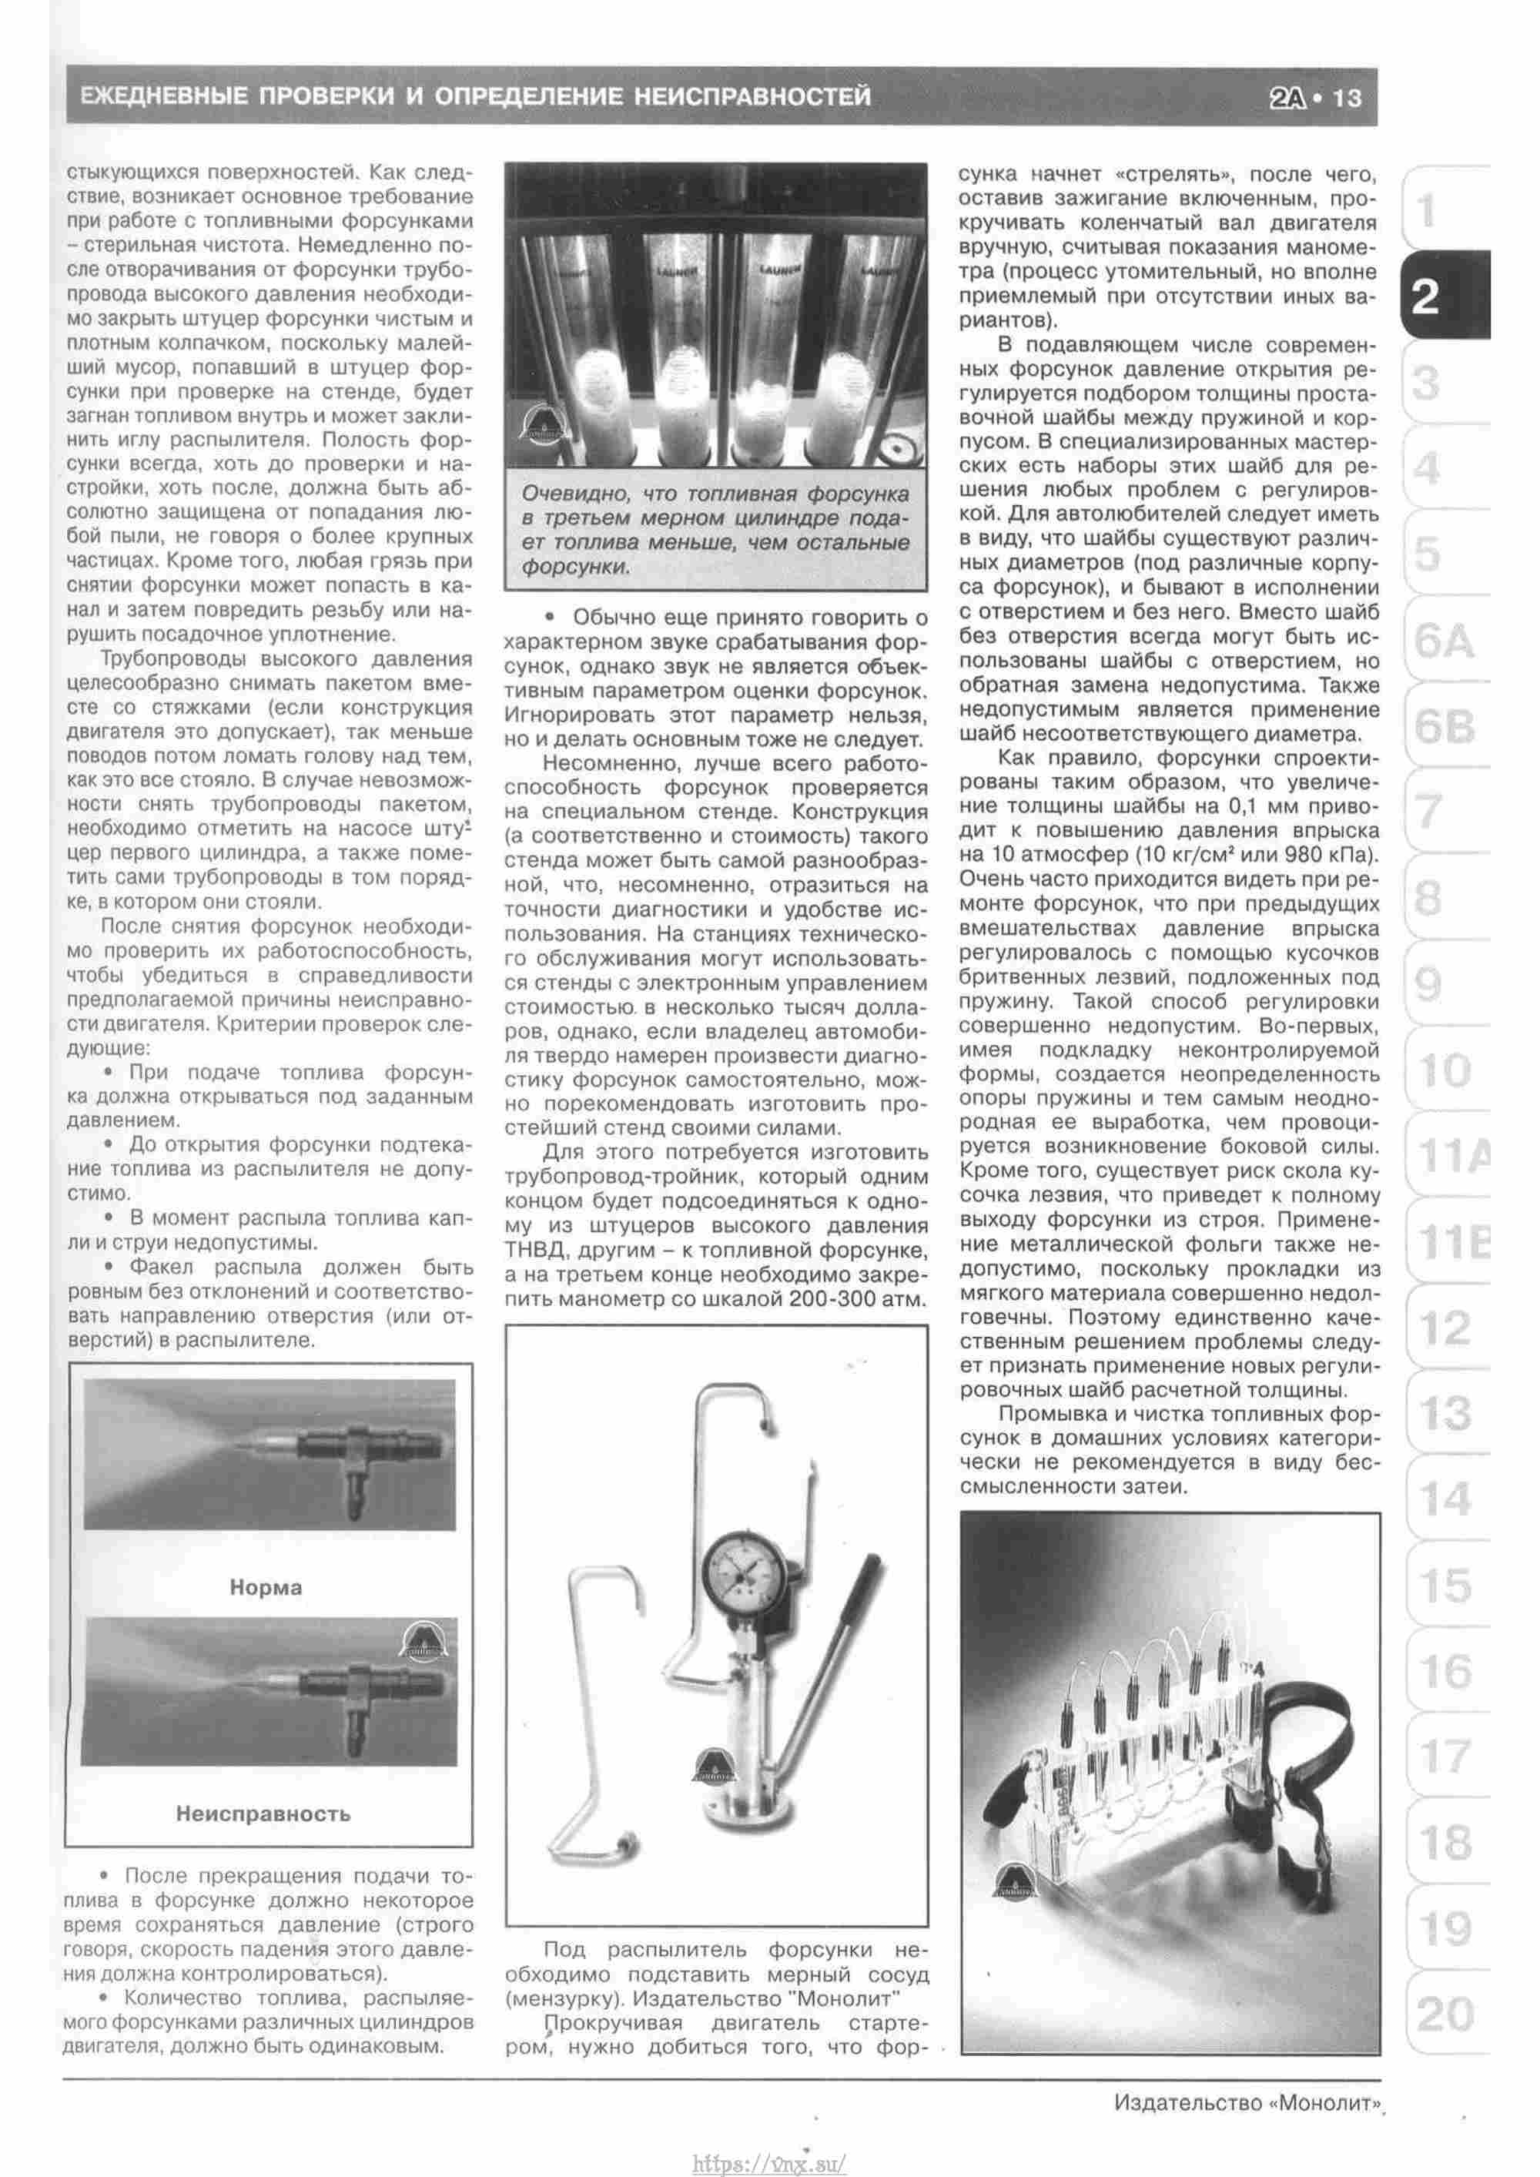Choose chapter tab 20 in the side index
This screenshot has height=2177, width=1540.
1445,2014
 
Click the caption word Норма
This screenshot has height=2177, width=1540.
266,1587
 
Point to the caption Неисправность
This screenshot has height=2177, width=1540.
263,1814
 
